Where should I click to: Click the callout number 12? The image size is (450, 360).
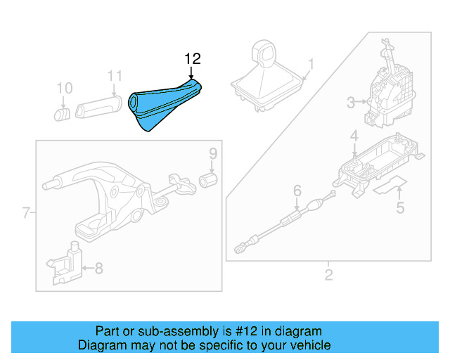[x=192, y=59]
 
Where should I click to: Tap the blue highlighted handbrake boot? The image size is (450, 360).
[x=164, y=105]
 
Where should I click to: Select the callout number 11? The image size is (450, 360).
[x=115, y=76]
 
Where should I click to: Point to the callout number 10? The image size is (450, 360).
[x=64, y=88]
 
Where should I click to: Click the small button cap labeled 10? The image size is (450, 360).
[x=62, y=112]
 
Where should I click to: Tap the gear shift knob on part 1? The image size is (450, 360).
[x=266, y=54]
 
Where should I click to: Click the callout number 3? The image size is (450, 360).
[x=351, y=103]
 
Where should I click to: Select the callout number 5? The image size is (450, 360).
[x=400, y=207]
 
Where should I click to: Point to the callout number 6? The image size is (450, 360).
[x=297, y=190]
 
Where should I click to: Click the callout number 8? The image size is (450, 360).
[x=99, y=267]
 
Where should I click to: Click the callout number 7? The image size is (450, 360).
[x=26, y=212]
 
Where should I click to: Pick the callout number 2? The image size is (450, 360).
[x=328, y=274]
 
